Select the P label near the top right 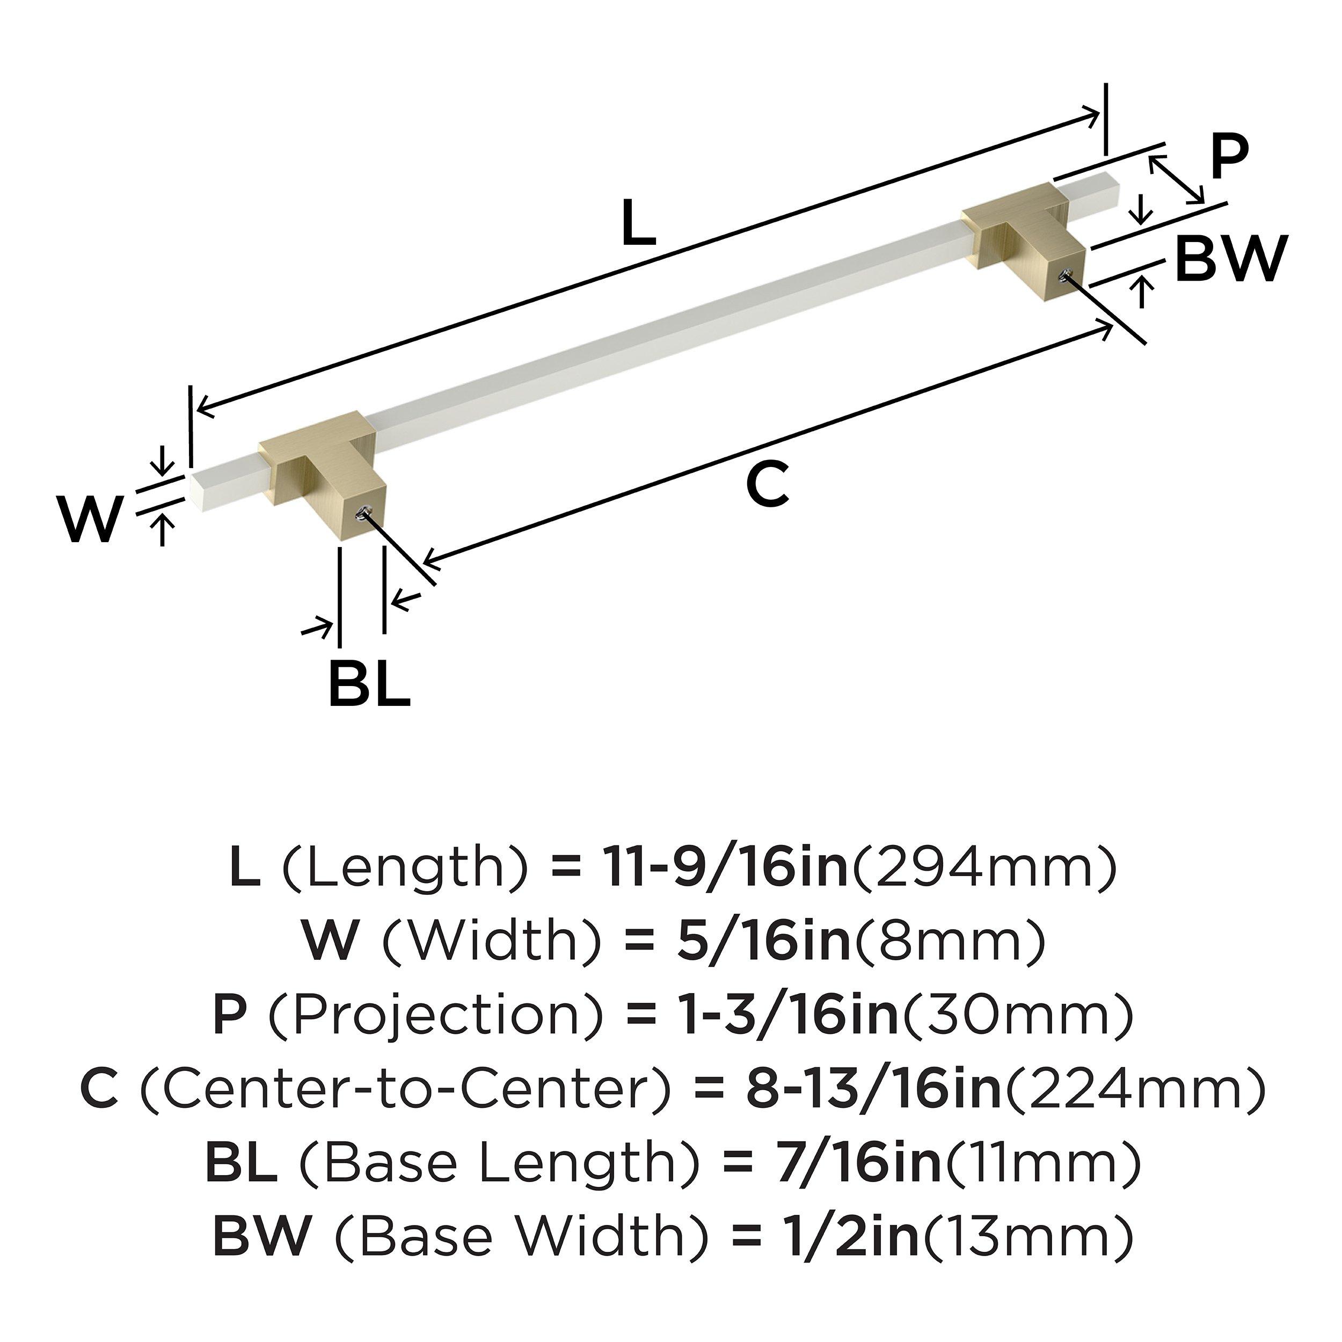1229,159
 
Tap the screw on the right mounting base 1063,277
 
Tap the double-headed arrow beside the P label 1176,180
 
